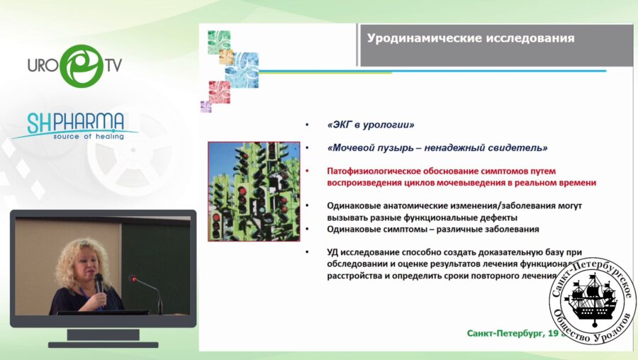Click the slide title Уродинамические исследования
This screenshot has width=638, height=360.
click(x=471, y=38)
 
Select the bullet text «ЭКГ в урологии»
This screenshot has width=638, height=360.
click(x=371, y=125)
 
